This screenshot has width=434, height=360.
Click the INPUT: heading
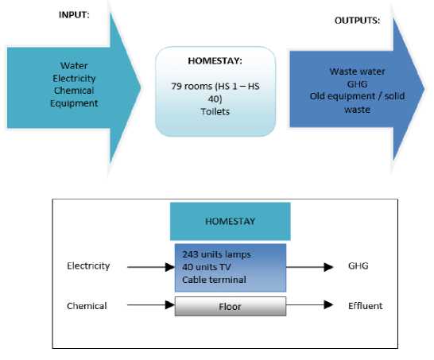click(x=74, y=14)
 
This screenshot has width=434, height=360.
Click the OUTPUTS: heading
click(x=357, y=21)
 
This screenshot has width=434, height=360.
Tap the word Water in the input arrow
click(x=74, y=66)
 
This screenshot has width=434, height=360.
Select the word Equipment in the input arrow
click(x=74, y=103)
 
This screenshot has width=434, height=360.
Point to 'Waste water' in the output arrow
click(x=357, y=72)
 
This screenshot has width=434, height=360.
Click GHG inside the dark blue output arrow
click(x=357, y=84)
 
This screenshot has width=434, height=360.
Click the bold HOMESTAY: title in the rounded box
click(x=215, y=61)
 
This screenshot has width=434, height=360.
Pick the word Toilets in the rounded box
click(x=215, y=112)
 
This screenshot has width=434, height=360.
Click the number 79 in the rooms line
click(x=176, y=87)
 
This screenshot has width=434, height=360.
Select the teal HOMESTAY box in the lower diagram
click(x=231, y=222)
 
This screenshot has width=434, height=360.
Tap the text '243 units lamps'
click(x=216, y=254)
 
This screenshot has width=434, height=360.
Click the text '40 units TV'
click(x=207, y=267)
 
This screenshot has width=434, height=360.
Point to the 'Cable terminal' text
click(x=214, y=280)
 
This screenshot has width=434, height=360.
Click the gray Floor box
click(x=231, y=306)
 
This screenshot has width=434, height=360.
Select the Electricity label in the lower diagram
click(x=88, y=266)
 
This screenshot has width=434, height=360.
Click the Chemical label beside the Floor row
click(x=87, y=306)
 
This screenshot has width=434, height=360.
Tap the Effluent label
click(x=366, y=306)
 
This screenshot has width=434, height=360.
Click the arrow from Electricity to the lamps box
click(x=151, y=267)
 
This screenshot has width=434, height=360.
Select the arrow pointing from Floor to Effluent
click(x=309, y=305)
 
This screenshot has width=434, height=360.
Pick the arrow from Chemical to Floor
click(x=151, y=305)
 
